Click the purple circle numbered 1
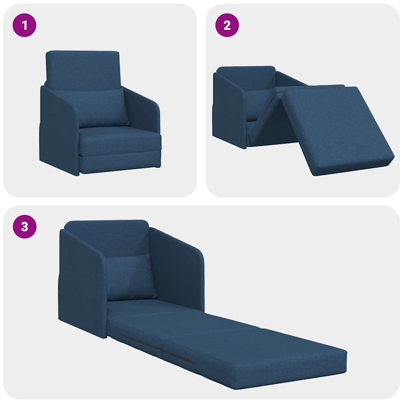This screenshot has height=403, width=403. point(24,26)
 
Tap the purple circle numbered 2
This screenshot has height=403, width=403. point(227,26)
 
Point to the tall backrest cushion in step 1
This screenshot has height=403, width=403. point(83,69)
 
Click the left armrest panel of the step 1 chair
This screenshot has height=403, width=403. point(59,130)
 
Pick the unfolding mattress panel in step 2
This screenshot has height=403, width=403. point(338,126)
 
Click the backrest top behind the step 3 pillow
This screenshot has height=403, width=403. point(106,236)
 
